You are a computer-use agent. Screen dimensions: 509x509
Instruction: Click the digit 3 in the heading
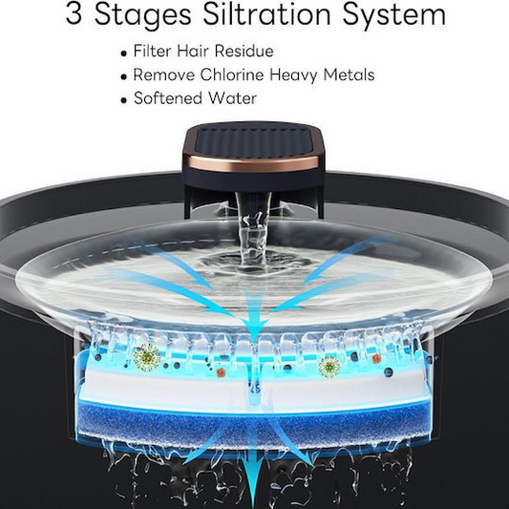[74, 14]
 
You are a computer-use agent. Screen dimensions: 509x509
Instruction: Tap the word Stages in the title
[143, 16]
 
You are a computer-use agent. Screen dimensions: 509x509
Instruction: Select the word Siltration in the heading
[266, 14]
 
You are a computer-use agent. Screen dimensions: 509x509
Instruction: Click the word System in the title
[394, 16]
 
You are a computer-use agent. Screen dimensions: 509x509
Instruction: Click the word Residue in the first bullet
[244, 51]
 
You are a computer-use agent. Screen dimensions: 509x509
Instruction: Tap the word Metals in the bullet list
[349, 74]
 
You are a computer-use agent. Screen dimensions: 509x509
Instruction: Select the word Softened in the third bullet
[168, 98]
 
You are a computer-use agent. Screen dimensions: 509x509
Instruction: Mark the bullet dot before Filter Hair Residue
[123, 53]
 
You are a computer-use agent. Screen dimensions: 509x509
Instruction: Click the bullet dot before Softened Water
[123, 100]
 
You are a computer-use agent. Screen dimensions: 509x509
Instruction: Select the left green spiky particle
[147, 357]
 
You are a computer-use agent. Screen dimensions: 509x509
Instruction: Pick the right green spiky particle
[329, 367]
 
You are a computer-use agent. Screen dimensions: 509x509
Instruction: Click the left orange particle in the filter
[221, 372]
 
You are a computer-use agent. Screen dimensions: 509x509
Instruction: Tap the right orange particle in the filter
[376, 358]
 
